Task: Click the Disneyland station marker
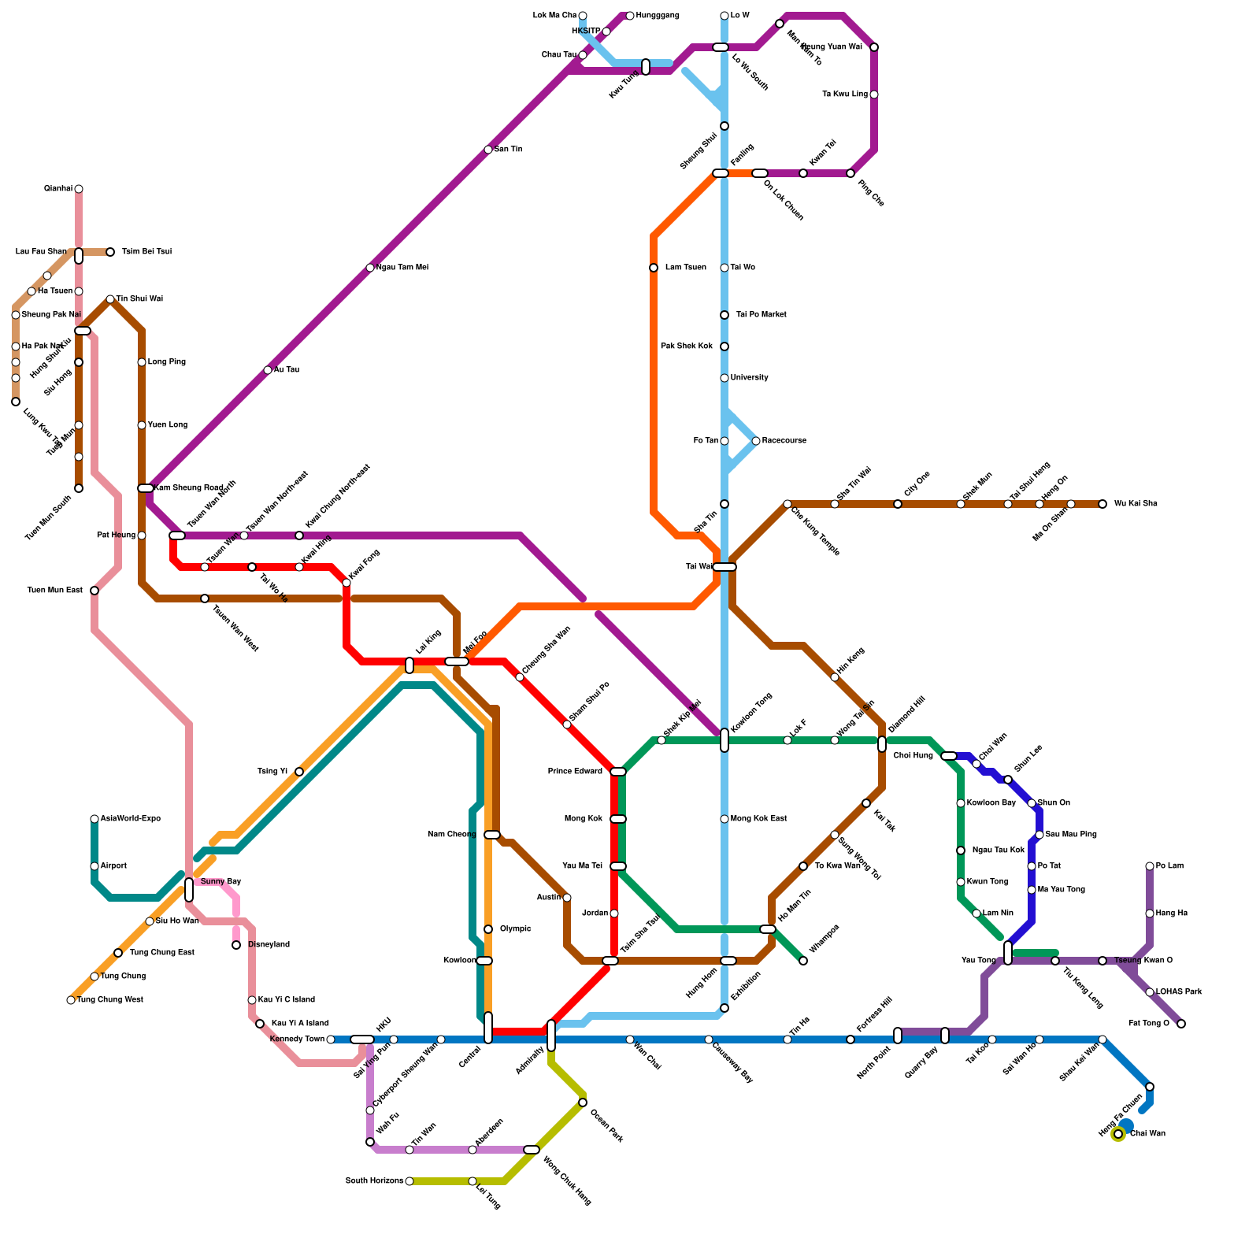pyautogui.click(x=236, y=945)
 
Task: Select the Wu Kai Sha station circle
pyautogui.click(x=1102, y=504)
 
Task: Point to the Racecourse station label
pyautogui.click(x=784, y=441)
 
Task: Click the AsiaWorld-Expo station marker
pyautogui.click(x=94, y=819)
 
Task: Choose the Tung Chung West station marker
pyautogui.click(x=71, y=1000)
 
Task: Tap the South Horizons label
pyautogui.click(x=374, y=1181)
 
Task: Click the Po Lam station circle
pyautogui.click(x=1150, y=866)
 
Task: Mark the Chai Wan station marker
pyautogui.click(x=1118, y=1134)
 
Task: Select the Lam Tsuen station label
pyautogui.click(x=685, y=268)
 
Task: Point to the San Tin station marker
pyautogui.click(x=488, y=150)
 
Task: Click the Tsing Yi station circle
pyautogui.click(x=299, y=772)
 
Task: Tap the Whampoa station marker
pyautogui.click(x=803, y=961)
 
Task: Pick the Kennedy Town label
pyautogui.click(x=296, y=1039)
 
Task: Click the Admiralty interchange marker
pyautogui.click(x=551, y=1036)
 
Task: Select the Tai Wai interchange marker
pyautogui.click(x=724, y=567)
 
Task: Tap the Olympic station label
pyautogui.click(x=515, y=929)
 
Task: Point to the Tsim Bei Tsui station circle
pyautogui.click(x=110, y=252)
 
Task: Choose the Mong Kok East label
pyautogui.click(x=758, y=819)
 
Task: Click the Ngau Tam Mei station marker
pyautogui.click(x=370, y=268)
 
